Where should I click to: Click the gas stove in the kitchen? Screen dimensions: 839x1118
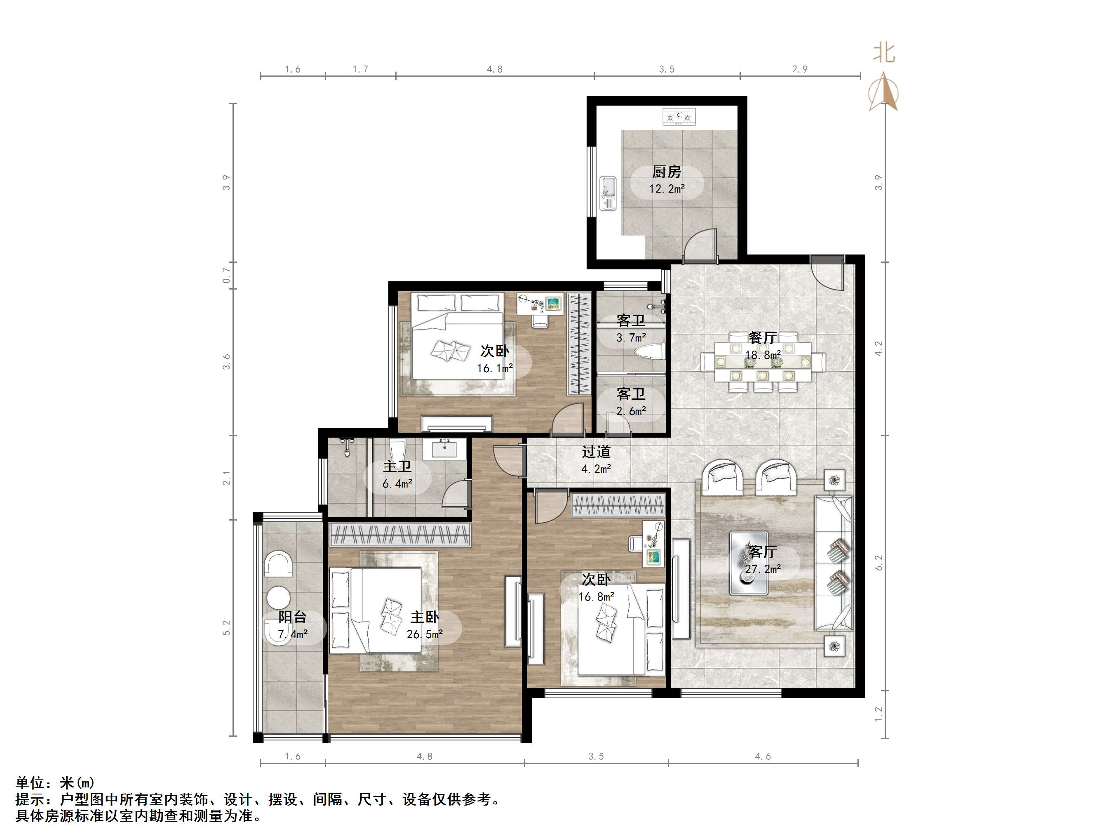click(679, 117)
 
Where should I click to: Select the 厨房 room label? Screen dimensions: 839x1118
click(666, 172)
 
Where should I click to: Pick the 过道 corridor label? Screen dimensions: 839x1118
click(596, 452)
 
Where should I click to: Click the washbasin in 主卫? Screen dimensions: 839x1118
click(445, 448)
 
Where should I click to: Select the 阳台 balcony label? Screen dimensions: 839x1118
click(293, 617)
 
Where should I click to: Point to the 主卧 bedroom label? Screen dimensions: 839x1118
click(425, 617)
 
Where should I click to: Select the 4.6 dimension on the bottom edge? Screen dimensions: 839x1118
click(763, 757)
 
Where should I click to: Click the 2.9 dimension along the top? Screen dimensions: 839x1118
click(800, 69)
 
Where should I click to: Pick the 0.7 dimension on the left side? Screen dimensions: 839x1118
click(226, 276)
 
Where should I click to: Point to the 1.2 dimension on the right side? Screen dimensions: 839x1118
click(878, 714)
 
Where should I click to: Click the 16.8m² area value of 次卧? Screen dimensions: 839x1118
click(597, 597)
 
